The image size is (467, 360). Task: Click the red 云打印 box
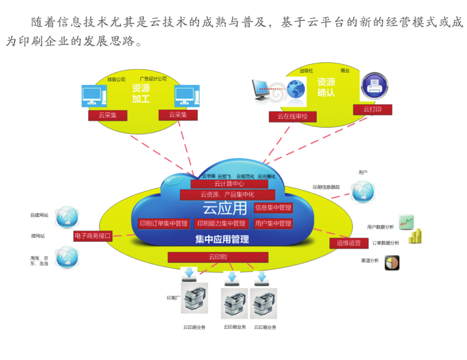(372, 109)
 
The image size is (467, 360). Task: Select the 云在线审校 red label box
(292, 116)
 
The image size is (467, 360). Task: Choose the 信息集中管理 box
(273, 208)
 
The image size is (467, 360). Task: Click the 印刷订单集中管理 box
(164, 223)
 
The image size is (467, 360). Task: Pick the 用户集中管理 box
(273, 223)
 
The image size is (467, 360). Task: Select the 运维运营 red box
(348, 243)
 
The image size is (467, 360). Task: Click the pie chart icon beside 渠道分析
(392, 262)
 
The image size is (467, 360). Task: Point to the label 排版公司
(116, 79)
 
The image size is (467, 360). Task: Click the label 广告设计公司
(153, 79)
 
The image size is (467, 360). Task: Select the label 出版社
(306, 70)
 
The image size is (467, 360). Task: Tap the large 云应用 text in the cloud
(224, 208)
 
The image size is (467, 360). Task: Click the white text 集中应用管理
(221, 239)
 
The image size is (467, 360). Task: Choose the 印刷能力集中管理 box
(221, 223)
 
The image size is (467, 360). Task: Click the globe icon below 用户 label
(362, 190)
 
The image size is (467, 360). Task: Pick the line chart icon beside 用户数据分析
(406, 222)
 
